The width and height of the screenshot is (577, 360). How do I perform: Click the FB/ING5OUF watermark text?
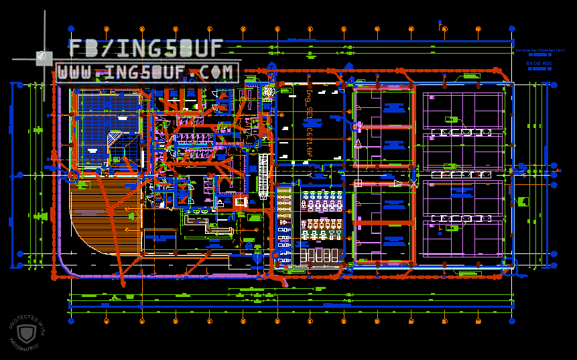(x=145, y=48)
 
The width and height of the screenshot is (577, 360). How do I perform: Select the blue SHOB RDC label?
(x=538, y=63)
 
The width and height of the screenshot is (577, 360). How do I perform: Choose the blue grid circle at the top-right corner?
(x=512, y=29)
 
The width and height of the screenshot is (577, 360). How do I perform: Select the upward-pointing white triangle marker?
(x=358, y=143)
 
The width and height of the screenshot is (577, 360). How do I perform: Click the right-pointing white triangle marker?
(x=398, y=182)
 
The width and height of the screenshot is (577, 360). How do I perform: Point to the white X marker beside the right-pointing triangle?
(x=413, y=182)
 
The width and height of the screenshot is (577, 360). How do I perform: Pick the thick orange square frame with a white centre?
(x=241, y=200)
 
